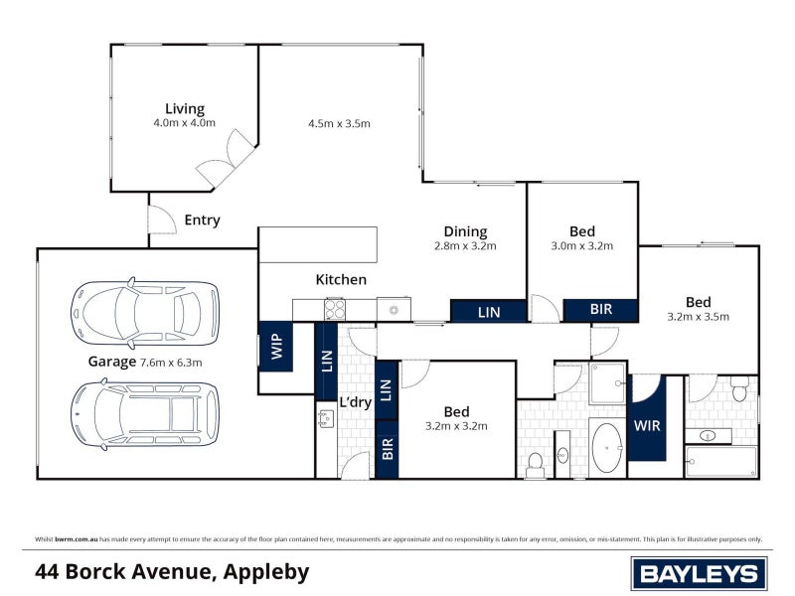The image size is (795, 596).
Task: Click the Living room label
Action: click(x=185, y=109)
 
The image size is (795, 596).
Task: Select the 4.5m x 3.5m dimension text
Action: click(x=339, y=123)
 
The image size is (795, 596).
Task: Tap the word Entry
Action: click(x=203, y=221)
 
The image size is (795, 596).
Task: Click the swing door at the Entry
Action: click(x=159, y=221)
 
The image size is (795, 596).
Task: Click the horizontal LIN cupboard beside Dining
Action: click(x=488, y=312)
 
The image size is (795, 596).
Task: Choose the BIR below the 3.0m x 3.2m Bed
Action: click(x=601, y=310)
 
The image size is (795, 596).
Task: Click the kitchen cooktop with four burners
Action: click(x=334, y=309)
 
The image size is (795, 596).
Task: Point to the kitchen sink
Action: click(x=394, y=310)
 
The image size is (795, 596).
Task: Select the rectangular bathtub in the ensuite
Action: click(x=721, y=462)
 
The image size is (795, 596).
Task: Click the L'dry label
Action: click(x=355, y=402)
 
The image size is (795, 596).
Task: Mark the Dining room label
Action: click(x=465, y=232)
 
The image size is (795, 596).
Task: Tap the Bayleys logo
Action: click(x=699, y=573)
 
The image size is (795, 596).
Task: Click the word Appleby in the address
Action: click(x=266, y=572)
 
